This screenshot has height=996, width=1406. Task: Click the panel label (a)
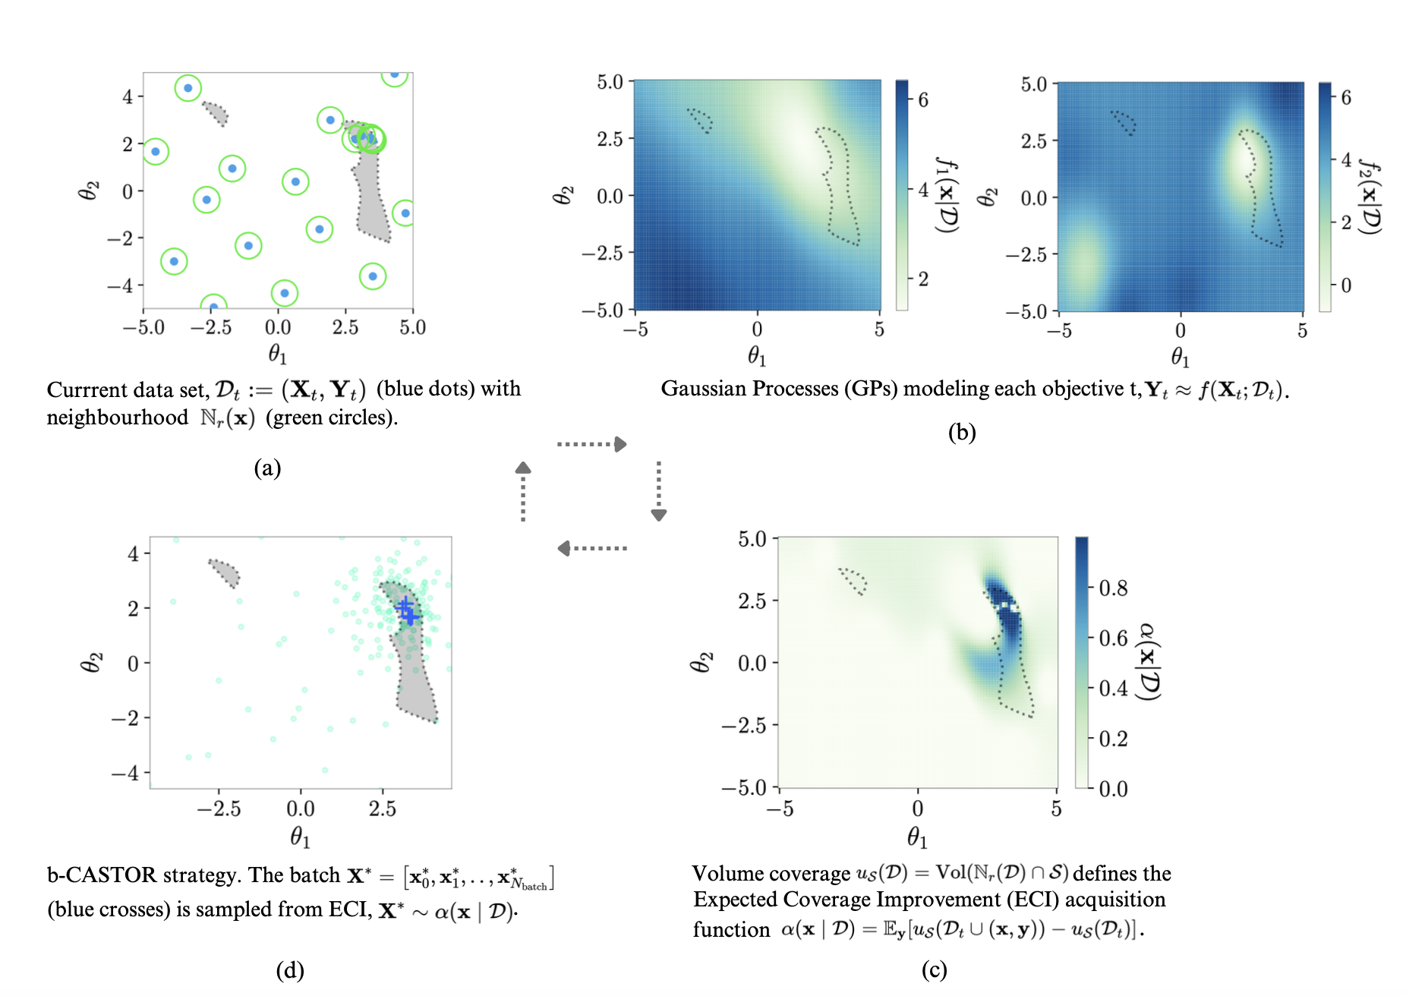(x=267, y=468)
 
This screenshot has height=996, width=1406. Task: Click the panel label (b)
(x=961, y=432)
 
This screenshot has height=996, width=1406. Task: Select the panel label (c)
(x=934, y=969)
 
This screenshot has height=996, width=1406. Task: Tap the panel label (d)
(x=290, y=969)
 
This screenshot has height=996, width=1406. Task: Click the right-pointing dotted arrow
(x=591, y=444)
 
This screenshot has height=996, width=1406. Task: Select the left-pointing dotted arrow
(x=591, y=548)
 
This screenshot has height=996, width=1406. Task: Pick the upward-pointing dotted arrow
(x=523, y=491)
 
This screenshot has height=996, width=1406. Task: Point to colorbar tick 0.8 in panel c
(x=1112, y=588)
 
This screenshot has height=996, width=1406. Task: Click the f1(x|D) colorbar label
(x=947, y=196)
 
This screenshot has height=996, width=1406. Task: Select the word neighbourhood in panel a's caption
(x=118, y=418)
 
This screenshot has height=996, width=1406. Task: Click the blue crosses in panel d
(x=407, y=610)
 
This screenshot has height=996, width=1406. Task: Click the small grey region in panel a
(x=216, y=113)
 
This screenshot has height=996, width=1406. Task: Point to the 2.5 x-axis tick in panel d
(x=382, y=808)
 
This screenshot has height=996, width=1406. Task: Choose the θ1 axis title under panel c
(x=916, y=837)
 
